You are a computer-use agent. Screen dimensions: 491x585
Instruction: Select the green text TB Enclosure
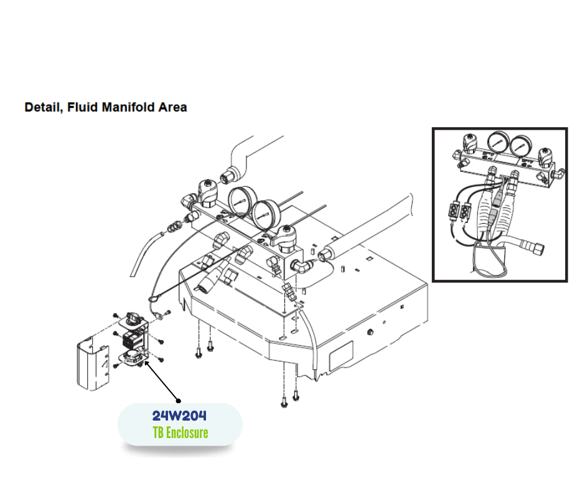coord(180,432)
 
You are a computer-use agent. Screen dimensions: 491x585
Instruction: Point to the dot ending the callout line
coord(179,400)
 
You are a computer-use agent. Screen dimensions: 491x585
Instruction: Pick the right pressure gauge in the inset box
coord(521,145)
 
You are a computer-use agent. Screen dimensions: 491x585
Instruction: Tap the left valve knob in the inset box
coord(470,145)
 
